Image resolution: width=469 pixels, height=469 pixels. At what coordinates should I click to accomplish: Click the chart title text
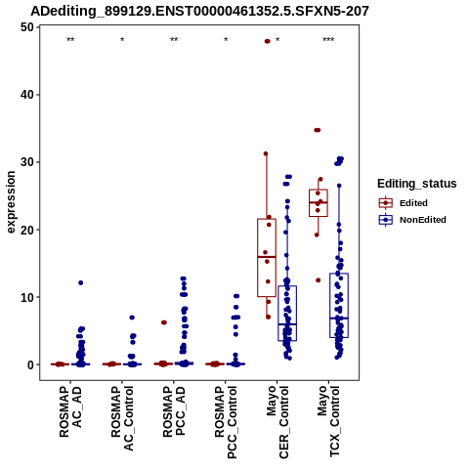tap(199, 12)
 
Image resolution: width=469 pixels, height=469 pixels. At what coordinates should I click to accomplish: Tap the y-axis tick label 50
tap(27, 27)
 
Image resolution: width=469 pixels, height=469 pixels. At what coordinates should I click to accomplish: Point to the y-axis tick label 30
tap(27, 162)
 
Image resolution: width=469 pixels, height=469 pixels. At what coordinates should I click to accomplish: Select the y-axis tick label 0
tap(31, 364)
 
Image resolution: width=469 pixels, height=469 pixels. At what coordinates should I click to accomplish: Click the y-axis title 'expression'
tap(11, 202)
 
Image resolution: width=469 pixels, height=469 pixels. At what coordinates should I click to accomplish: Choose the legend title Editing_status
tap(417, 184)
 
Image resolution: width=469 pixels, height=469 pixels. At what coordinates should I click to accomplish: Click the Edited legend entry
tap(403, 203)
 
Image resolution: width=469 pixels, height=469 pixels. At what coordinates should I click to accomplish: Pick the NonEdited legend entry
tap(412, 220)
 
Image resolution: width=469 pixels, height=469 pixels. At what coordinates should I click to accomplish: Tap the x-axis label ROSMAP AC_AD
tap(70, 412)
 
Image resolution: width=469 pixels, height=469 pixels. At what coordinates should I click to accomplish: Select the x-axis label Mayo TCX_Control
tap(328, 421)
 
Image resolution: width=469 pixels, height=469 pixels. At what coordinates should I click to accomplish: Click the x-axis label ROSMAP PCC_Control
tap(226, 422)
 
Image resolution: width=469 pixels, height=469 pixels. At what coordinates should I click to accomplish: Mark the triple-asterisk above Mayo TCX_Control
tap(328, 40)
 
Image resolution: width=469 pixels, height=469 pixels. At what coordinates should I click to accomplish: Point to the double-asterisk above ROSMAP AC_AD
tap(70, 40)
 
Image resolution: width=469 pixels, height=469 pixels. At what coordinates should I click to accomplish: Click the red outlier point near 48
tap(267, 41)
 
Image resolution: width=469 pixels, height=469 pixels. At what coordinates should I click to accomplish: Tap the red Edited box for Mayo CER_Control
tap(267, 258)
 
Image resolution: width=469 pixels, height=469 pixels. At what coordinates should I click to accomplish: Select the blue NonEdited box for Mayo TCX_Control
tap(339, 305)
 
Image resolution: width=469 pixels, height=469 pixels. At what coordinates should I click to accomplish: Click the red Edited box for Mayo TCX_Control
tap(319, 202)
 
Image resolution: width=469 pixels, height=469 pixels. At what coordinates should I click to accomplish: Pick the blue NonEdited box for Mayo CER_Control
tap(287, 314)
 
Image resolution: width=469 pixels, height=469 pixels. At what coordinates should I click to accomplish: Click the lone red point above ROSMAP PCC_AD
tap(164, 322)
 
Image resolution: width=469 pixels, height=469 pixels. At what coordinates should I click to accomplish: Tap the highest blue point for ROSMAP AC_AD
tap(80, 282)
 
